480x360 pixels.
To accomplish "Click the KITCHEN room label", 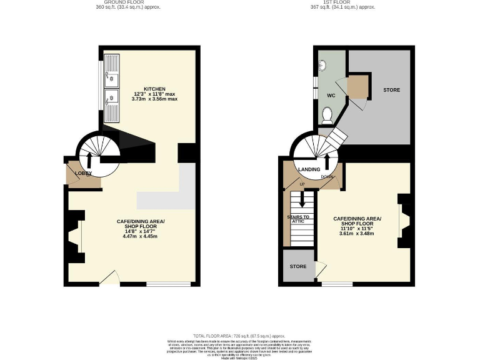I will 154,88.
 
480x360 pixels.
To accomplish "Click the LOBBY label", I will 83,173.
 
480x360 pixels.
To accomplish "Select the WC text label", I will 331,96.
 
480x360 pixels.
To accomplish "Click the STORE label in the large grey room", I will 391,90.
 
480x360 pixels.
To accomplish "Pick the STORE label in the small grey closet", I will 298,266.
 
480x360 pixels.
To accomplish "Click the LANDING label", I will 309,169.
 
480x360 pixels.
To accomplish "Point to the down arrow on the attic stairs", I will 303,199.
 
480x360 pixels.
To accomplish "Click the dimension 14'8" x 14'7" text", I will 141,231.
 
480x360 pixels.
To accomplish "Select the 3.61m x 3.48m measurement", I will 357,233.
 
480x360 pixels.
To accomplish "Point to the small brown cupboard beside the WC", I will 357,87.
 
